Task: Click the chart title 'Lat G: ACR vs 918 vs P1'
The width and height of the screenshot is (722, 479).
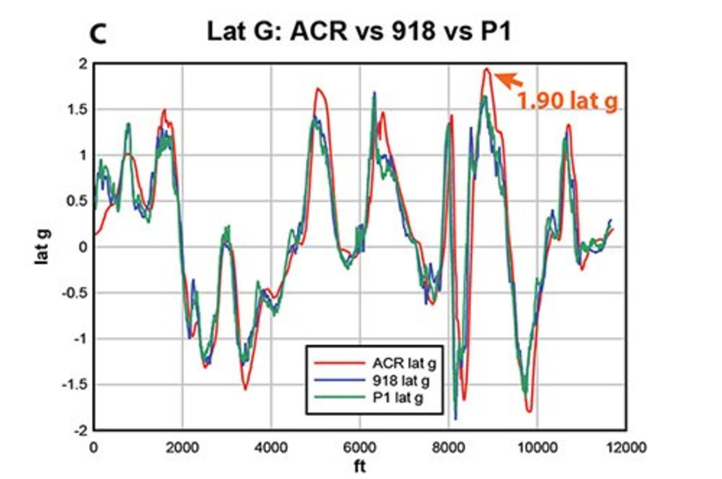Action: [359, 32]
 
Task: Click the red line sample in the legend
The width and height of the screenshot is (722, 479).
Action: [339, 363]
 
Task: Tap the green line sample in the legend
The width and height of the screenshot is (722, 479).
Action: [339, 397]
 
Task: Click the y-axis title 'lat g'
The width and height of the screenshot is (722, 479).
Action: [42, 247]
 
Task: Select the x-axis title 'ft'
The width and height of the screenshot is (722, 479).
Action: [359, 467]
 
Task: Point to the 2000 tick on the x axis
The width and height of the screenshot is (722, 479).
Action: [182, 448]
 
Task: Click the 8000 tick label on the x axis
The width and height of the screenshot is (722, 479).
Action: [449, 448]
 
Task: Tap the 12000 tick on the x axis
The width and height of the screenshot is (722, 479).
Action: [626, 448]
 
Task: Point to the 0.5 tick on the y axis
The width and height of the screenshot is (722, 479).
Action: [77, 201]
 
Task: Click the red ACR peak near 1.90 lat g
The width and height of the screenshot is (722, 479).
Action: [487, 69]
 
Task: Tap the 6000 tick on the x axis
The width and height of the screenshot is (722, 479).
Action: [360, 448]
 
